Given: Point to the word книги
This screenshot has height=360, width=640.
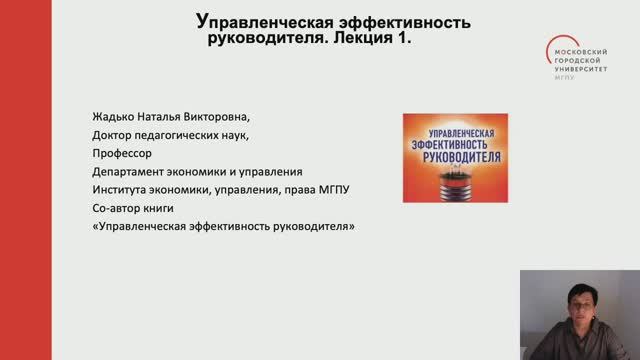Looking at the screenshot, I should pyautogui.click(x=159, y=208).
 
